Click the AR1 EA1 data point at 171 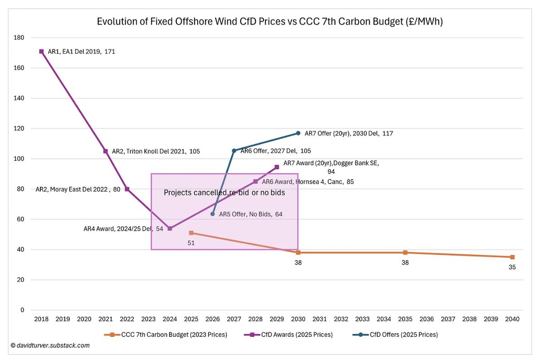pyautogui.click(x=42, y=52)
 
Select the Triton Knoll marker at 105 pyautogui.click(x=106, y=151)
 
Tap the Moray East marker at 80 pyautogui.click(x=127, y=189)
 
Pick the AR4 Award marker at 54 pyautogui.click(x=170, y=229)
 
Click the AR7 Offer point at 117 pyautogui.click(x=298, y=133)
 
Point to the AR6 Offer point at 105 pyautogui.click(x=234, y=151)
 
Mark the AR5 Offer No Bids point pyautogui.click(x=213, y=214)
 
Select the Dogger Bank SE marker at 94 pyautogui.click(x=277, y=167)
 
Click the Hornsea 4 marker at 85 pyautogui.click(x=256, y=181)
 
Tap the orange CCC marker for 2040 pyautogui.click(x=512, y=257)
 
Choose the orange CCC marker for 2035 pyautogui.click(x=405, y=253)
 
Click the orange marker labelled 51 pyautogui.click(x=191, y=233)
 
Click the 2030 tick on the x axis pyautogui.click(x=298, y=319)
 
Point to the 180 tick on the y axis pyautogui.click(x=19, y=38)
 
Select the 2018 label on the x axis pyautogui.click(x=41, y=319)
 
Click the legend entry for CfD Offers pyautogui.click(x=395, y=335)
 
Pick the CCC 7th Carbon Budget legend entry pyautogui.click(x=165, y=335)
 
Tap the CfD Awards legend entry pyautogui.click(x=288, y=335)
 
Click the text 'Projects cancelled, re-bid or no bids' pyautogui.click(x=224, y=193)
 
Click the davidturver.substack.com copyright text pyautogui.click(x=50, y=345)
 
